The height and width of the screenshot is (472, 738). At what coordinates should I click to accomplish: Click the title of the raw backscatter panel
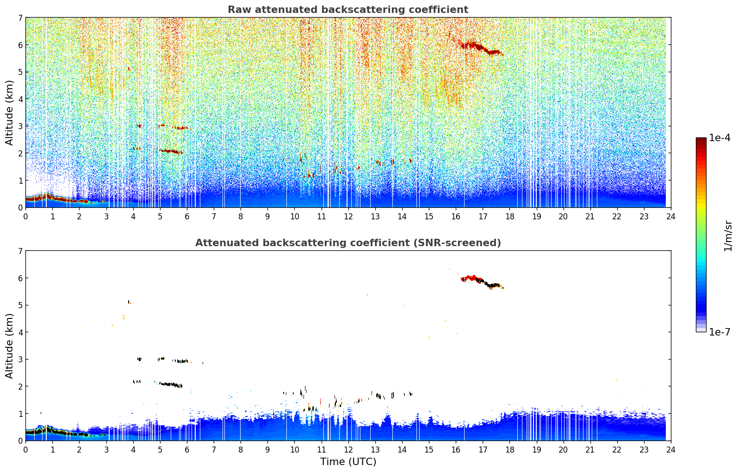click(348, 10)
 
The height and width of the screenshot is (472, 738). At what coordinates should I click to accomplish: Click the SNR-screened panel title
click(348, 243)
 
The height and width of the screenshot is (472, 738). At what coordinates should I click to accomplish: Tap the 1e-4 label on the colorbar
click(720, 138)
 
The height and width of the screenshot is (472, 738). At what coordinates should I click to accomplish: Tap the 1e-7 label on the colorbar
click(720, 332)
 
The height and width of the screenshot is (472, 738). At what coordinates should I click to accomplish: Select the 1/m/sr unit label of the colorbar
click(728, 236)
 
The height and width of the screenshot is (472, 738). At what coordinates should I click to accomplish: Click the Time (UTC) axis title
click(348, 462)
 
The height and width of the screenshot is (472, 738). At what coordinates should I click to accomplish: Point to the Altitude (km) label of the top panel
click(9, 113)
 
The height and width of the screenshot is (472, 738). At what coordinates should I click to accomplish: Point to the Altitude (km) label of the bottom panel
click(9, 346)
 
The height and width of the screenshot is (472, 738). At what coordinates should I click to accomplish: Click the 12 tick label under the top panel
click(348, 217)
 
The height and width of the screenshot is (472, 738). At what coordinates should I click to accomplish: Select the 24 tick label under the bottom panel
click(671, 450)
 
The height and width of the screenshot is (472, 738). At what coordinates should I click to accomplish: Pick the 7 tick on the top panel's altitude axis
click(20, 18)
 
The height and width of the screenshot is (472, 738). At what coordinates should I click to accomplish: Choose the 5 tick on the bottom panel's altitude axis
click(20, 305)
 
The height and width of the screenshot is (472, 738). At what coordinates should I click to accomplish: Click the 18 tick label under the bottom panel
click(510, 450)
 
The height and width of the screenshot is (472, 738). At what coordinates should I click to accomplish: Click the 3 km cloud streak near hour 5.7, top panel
click(181, 128)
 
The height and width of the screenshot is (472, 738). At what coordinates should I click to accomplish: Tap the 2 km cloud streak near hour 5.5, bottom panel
click(171, 385)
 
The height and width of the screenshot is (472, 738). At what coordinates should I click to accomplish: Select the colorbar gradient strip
click(701, 235)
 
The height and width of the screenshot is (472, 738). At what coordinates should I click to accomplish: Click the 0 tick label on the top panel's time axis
click(26, 217)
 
